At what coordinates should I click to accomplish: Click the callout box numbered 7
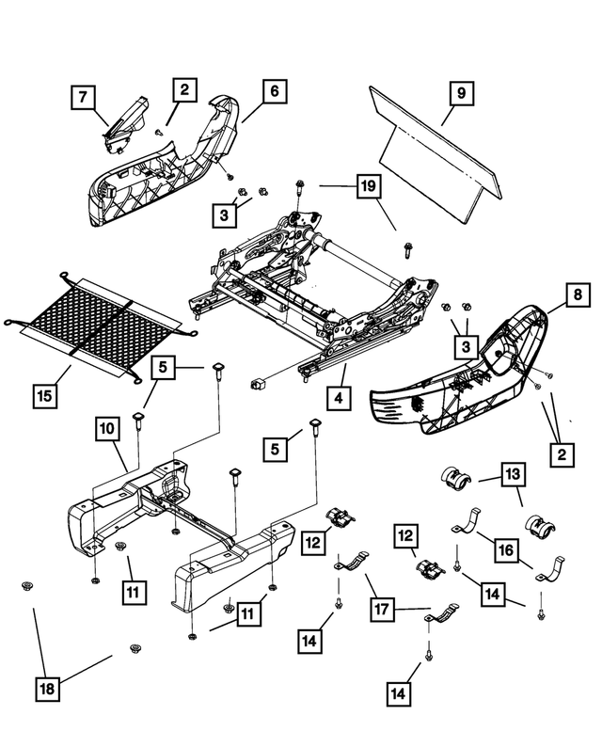pos(83,97)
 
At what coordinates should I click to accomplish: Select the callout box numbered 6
pos(275,91)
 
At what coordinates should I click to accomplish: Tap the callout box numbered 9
pos(461,93)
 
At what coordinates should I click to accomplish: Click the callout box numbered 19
pos(369,186)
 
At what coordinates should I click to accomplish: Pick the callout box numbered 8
pos(578,294)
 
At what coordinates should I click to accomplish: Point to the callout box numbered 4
pos(339,398)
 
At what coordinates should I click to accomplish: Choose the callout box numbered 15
pos(45,396)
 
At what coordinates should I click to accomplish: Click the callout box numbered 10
pos(107,428)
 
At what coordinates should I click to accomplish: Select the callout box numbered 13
pos(513,474)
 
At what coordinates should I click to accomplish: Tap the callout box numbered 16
pos(506,550)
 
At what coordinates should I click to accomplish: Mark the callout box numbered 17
pos(382,609)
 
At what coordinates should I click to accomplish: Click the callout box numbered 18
pos(48,689)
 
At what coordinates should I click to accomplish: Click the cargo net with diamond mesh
pos(100,326)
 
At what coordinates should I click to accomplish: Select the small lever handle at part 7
pos(124,124)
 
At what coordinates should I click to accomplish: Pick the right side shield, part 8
pos(459,373)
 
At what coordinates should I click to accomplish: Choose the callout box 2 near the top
pos(184,89)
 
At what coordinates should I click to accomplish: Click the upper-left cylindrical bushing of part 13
pos(455,478)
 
